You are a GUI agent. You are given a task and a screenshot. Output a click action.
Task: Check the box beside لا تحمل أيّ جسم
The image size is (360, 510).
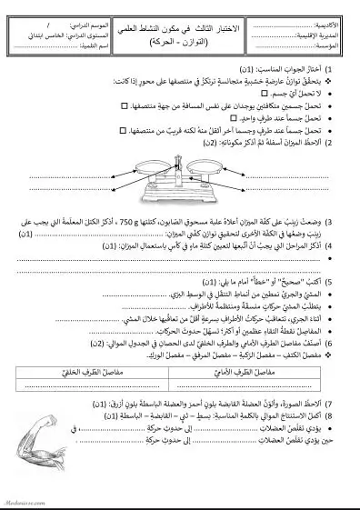point(242,94)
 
